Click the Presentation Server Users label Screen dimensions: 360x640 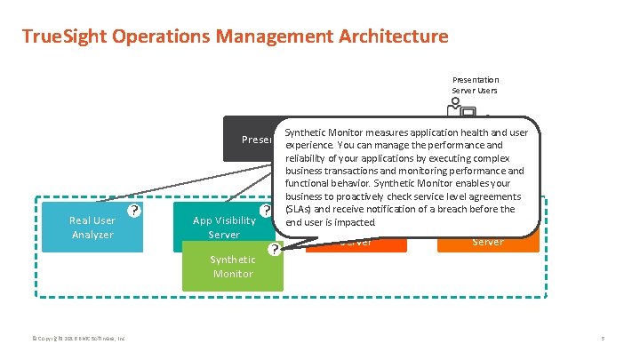pos(476,84)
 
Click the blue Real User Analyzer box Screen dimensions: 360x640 pos(92,227)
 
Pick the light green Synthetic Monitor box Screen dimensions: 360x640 pos(232,267)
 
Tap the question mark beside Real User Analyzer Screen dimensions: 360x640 pos(132,211)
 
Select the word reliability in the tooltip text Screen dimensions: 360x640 pos(310,157)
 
